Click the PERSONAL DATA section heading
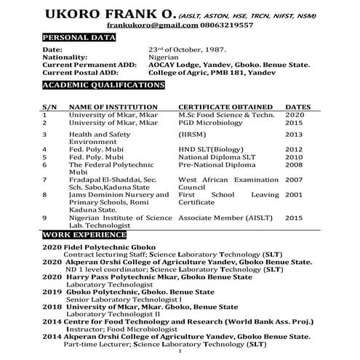click(76, 37)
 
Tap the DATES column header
click(298, 107)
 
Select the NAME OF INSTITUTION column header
click(109, 107)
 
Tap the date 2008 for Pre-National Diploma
click(294, 164)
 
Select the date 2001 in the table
click(294, 195)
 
